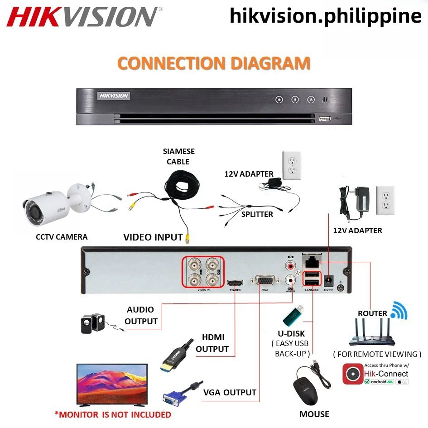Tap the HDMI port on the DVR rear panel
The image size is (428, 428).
[x=235, y=282]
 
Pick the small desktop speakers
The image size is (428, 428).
[x=92, y=323]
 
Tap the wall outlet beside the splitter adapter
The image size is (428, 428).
[x=292, y=164]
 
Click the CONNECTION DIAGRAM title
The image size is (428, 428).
[x=214, y=63]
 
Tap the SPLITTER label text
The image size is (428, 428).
[x=257, y=214]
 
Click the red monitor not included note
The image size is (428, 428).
[x=113, y=414]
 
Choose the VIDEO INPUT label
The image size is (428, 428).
[x=153, y=236]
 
